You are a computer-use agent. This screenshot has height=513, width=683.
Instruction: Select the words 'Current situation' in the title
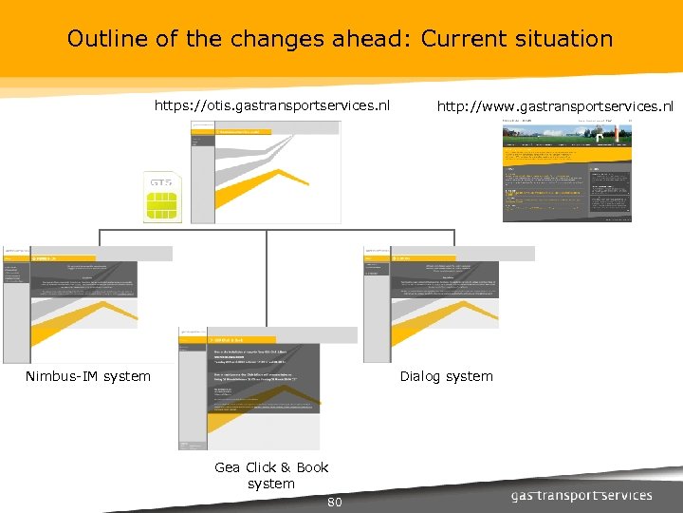[517, 39]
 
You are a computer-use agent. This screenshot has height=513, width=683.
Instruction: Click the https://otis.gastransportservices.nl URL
[272, 105]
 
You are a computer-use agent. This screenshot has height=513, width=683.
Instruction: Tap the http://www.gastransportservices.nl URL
[555, 106]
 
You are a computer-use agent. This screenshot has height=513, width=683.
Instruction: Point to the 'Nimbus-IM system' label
[88, 376]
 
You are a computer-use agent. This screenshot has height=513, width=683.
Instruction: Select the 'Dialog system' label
[446, 376]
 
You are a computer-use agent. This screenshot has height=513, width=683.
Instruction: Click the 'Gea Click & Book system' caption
[271, 475]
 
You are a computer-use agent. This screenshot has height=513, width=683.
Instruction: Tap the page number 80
[334, 502]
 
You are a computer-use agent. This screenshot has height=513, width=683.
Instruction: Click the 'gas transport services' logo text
[581, 495]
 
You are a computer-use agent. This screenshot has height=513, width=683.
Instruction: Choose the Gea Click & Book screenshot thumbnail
[250, 389]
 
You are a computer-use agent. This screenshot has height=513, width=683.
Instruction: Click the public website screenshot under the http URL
[566, 171]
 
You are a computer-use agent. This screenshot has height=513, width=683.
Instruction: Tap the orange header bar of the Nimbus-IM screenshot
[85, 257]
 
